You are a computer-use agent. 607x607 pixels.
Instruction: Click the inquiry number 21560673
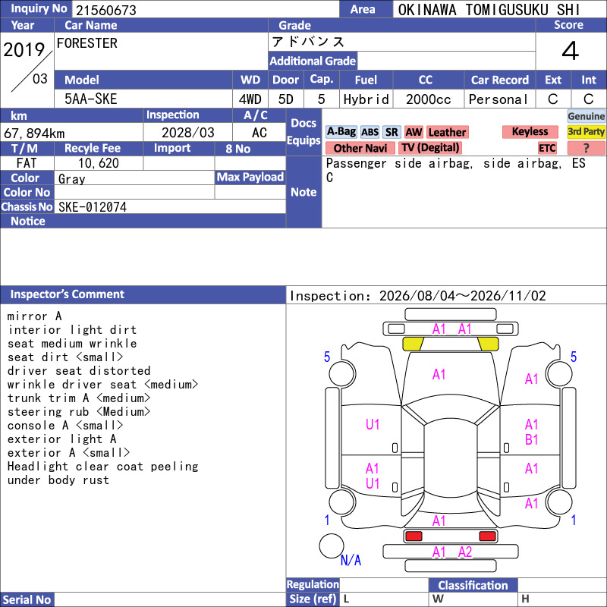106,10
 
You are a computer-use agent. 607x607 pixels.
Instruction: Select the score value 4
571,51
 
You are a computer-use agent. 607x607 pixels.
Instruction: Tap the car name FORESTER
87,43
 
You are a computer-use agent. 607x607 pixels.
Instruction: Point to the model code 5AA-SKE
90,99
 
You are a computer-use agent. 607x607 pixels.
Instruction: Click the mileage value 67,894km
34,134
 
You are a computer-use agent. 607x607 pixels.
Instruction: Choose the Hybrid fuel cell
366,99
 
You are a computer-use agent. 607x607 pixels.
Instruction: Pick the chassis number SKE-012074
93,207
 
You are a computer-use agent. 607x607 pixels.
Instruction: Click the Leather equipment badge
447,132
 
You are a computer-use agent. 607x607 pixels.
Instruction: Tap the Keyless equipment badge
530,131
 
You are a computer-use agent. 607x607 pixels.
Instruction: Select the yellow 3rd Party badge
586,131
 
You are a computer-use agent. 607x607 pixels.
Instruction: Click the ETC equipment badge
547,148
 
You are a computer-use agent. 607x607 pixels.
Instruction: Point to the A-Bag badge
341,132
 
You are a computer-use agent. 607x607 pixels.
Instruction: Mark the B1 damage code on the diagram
532,440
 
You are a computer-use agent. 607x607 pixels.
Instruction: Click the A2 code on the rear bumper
465,552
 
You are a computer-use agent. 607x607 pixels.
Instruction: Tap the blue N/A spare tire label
351,560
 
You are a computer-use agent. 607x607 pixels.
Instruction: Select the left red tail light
414,536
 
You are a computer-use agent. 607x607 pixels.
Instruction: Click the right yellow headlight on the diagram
488,344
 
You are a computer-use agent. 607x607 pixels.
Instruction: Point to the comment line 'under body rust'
58,480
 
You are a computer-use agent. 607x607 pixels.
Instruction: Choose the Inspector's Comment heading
68,294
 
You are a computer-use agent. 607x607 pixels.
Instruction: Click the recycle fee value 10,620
99,163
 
